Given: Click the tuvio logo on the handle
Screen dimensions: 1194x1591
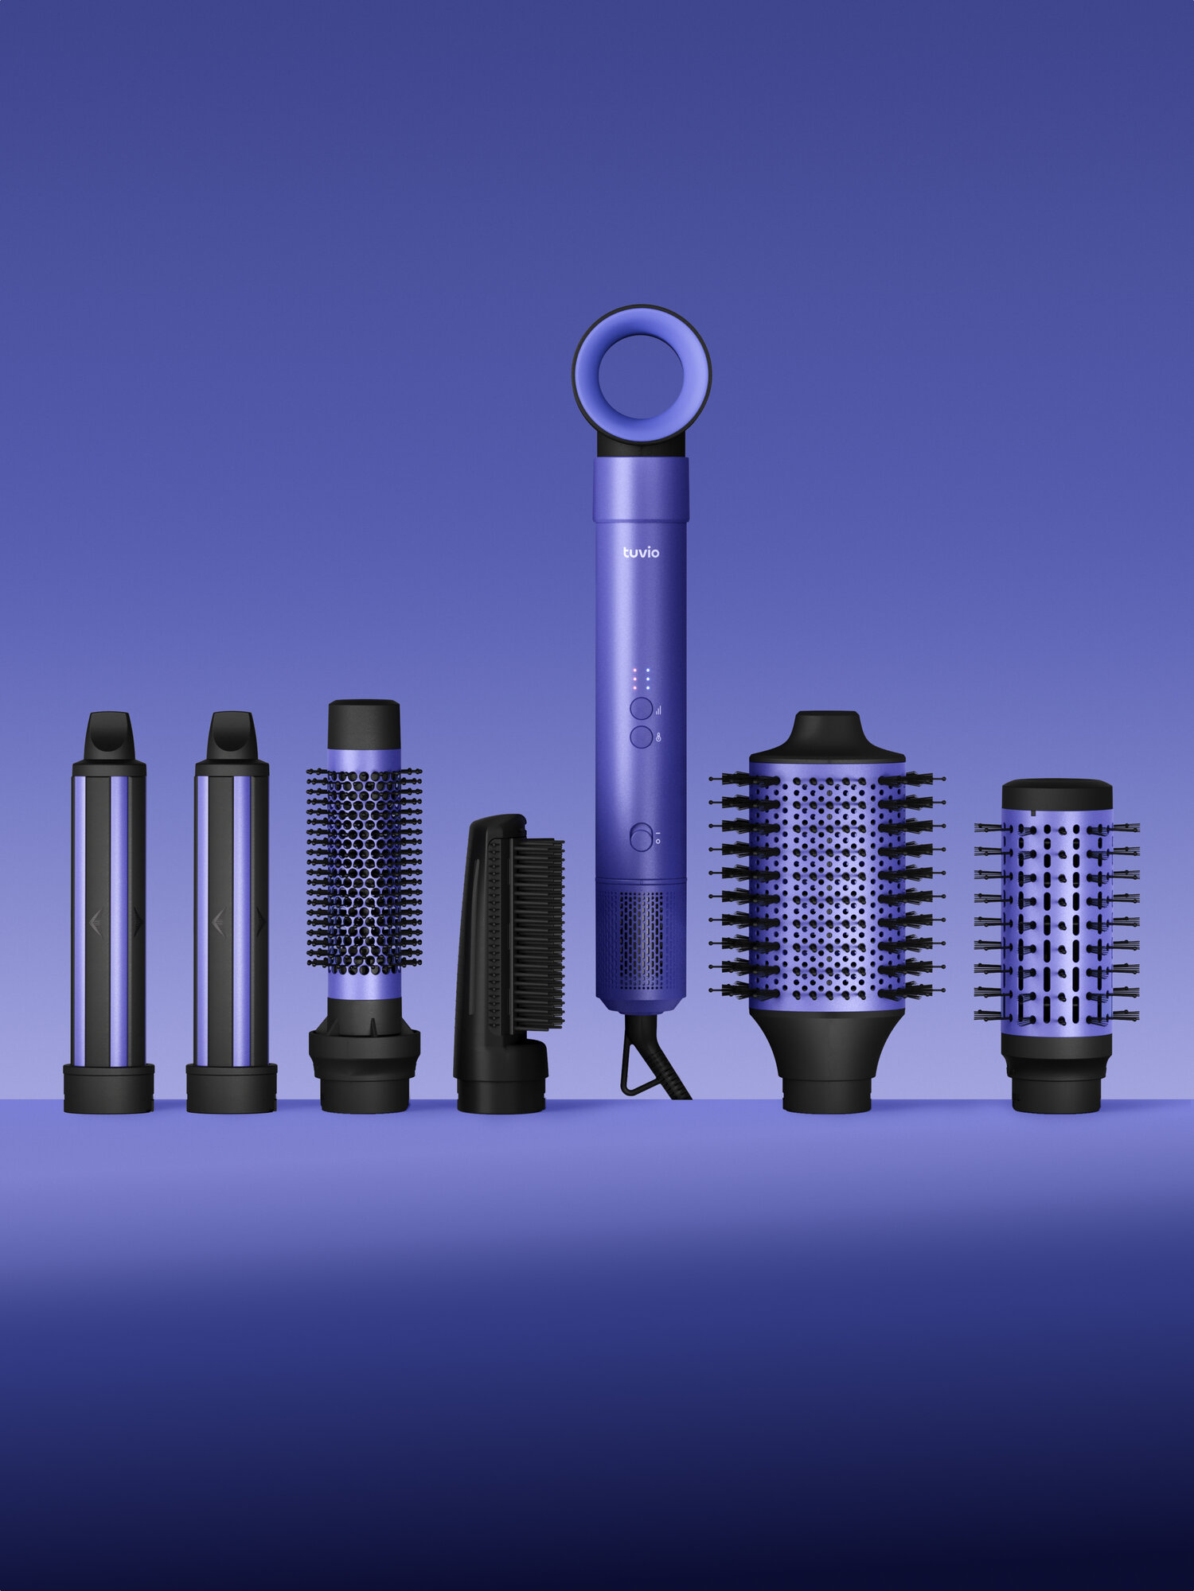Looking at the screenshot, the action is click(x=641, y=552).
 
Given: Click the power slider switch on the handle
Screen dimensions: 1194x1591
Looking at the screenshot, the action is click(x=641, y=838).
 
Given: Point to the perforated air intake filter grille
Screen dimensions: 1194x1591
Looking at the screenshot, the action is click(x=641, y=939).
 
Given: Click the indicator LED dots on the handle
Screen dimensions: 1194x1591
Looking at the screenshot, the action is click(x=641, y=679).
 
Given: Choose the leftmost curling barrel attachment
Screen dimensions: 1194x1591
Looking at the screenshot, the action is click(x=108, y=912).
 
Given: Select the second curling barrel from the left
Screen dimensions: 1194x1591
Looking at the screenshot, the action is click(x=232, y=912).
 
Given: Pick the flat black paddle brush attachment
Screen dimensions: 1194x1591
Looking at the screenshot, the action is click(x=508, y=963).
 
